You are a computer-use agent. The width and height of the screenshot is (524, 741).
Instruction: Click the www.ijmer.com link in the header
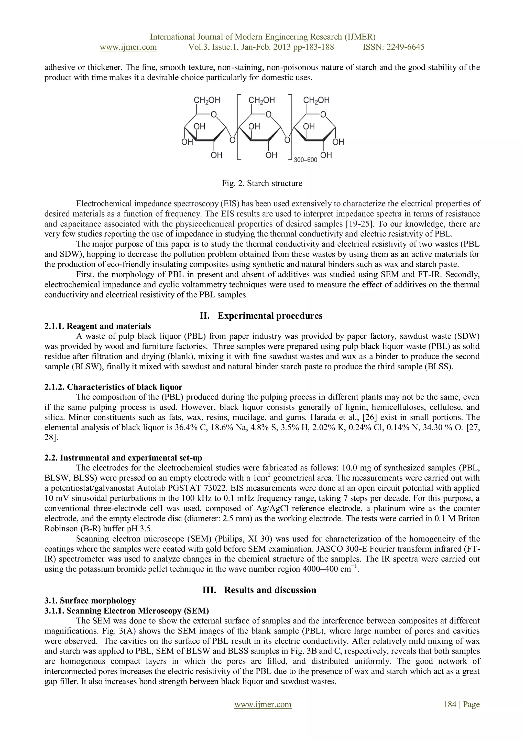click(128, 47)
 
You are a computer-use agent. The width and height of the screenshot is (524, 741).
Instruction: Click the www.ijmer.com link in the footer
click(263, 704)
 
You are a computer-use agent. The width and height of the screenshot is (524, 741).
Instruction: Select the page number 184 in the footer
click(450, 704)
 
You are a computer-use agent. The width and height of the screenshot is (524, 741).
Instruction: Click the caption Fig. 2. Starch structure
click(262, 183)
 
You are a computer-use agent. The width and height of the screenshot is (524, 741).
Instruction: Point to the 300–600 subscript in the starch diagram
click(305, 160)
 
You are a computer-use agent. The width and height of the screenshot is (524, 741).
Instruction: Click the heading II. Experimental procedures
click(261, 316)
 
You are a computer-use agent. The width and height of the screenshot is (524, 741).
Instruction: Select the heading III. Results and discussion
click(259, 590)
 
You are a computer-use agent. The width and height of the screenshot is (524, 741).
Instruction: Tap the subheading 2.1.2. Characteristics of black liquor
click(113, 387)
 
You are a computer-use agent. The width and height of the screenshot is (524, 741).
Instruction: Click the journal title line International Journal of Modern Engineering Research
click(263, 37)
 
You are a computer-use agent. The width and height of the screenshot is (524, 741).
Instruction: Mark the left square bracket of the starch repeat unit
click(238, 127)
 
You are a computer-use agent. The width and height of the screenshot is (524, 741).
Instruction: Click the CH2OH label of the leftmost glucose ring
click(207, 100)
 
